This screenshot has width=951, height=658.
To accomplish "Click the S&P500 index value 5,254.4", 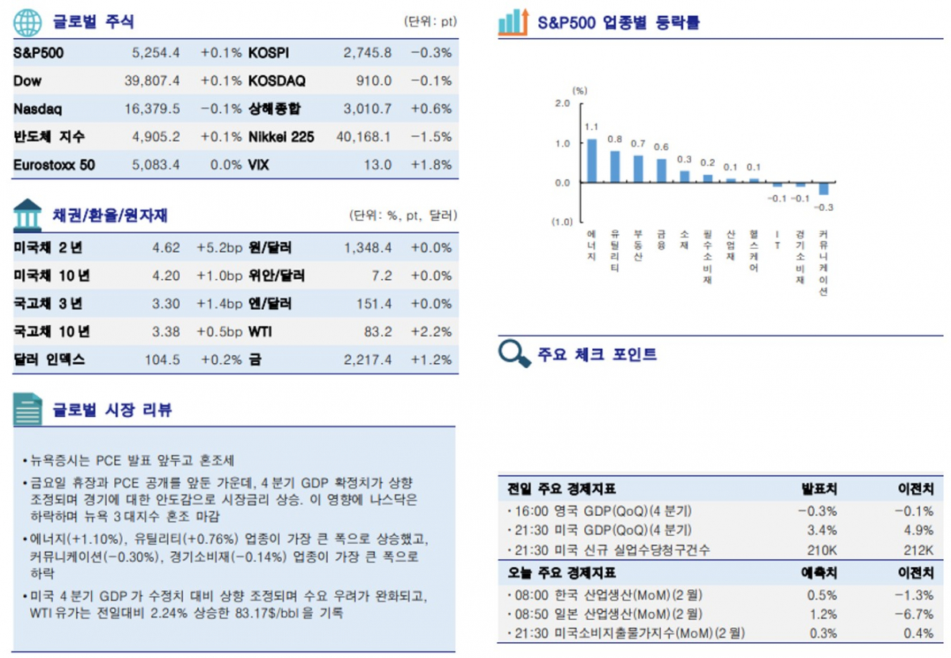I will [x=156, y=53].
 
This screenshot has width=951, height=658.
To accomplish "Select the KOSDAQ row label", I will [x=277, y=81].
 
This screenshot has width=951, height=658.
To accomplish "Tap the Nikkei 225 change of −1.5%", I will [x=431, y=137].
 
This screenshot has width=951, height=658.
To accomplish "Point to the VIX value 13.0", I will [x=377, y=165].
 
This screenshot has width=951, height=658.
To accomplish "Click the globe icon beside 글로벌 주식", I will [x=28, y=22].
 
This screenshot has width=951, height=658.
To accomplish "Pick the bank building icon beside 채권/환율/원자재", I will [x=28, y=214].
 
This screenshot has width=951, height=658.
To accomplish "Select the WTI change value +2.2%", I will [x=431, y=331].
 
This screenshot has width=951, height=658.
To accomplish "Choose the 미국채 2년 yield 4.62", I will [x=166, y=248].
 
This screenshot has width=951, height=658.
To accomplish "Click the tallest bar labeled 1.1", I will [x=591, y=161].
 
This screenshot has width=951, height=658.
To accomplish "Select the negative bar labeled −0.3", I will [x=823, y=189].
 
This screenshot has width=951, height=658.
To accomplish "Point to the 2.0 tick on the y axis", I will [x=562, y=103].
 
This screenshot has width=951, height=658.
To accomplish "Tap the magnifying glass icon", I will [x=514, y=353].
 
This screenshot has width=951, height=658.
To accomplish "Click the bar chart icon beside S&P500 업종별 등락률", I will [x=514, y=22].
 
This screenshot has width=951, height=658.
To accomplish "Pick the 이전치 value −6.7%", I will [x=918, y=614].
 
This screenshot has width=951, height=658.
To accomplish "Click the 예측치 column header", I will [x=820, y=572].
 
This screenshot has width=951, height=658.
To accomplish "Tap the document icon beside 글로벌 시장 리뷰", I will [x=28, y=410].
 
